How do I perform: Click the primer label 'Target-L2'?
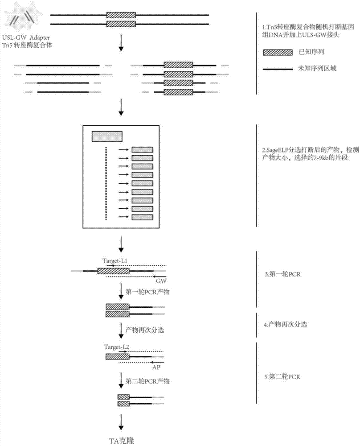click(116, 346)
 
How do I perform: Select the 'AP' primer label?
click(156, 368)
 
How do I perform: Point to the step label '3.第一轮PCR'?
click(282, 274)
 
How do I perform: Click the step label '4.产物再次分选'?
click(286, 325)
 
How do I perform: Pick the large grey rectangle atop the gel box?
click(106, 136)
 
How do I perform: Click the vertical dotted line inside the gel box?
click(106, 183)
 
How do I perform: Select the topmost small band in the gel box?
click(142, 150)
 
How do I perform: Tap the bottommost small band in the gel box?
click(142, 217)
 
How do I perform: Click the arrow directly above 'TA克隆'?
click(121, 421)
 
